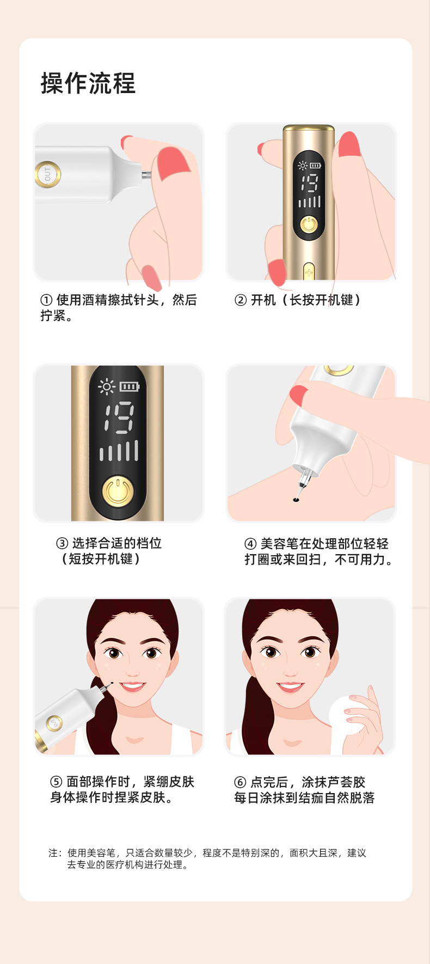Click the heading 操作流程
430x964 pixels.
click(88, 83)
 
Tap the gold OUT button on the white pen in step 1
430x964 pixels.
click(47, 174)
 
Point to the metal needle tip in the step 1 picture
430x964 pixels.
click(146, 175)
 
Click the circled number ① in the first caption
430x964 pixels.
click(47, 300)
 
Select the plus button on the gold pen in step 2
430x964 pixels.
click(309, 272)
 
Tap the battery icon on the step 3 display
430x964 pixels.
click(130, 386)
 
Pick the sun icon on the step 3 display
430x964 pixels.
click(106, 387)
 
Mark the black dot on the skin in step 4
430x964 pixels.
click(296, 499)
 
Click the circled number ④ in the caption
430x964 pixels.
click(250, 544)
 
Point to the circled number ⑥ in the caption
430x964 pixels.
click(240, 782)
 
